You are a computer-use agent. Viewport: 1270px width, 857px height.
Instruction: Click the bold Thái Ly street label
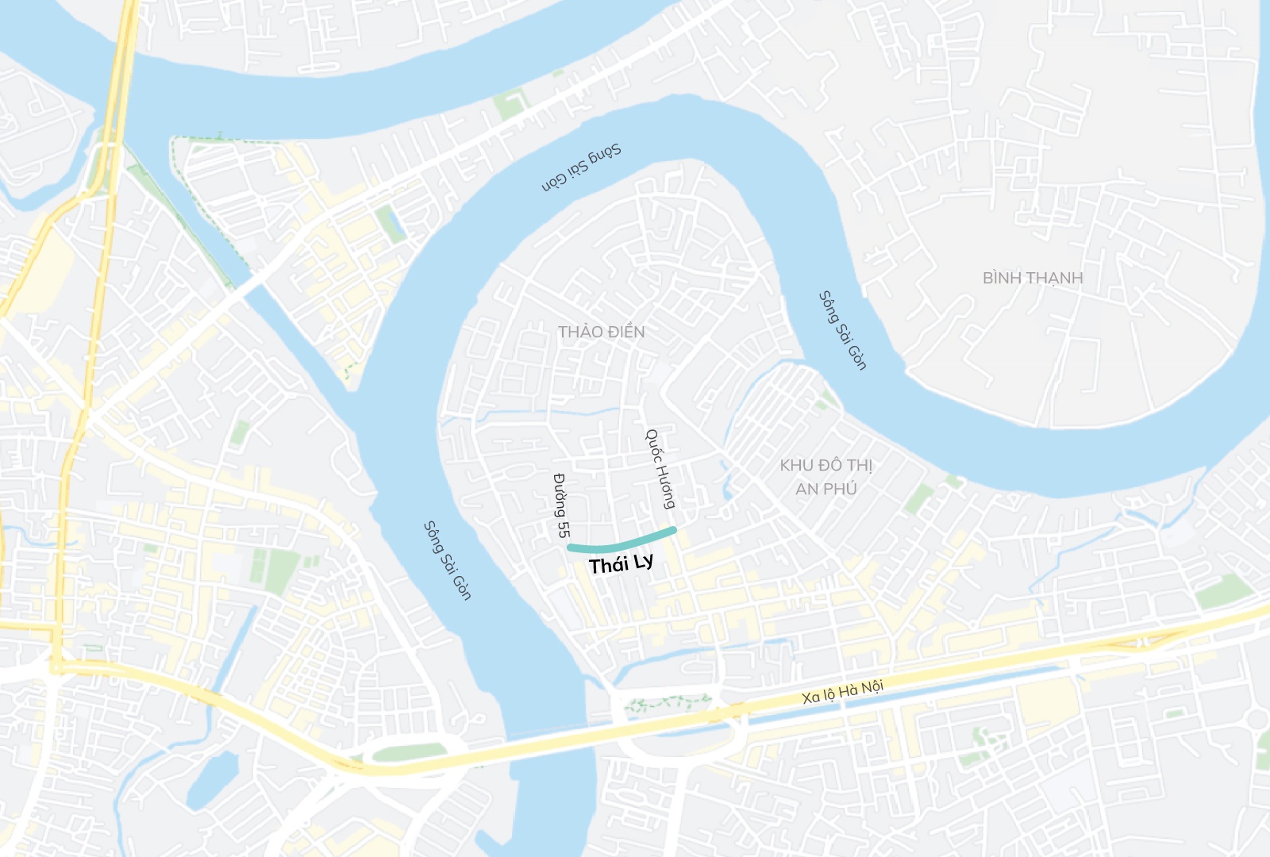tap(622, 564)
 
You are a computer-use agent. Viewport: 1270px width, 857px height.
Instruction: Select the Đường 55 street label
tap(561, 505)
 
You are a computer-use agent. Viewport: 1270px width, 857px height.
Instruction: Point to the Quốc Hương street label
tap(660, 469)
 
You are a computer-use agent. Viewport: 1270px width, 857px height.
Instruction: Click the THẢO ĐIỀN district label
tap(601, 332)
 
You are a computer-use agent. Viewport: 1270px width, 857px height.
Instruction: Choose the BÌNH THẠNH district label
tap(1033, 278)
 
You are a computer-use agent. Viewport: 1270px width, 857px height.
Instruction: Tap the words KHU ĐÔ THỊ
tap(825, 465)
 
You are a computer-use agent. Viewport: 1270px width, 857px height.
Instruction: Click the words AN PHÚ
tap(825, 489)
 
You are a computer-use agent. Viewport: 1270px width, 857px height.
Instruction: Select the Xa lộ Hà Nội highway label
tap(842, 692)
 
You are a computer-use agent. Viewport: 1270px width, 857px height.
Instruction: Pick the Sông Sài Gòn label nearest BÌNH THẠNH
tap(842, 330)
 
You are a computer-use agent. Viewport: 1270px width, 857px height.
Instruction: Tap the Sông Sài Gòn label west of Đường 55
tap(447, 560)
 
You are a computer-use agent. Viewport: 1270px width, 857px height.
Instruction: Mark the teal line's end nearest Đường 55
tap(571, 548)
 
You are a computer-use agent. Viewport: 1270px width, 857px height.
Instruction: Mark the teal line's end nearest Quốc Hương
tap(673, 529)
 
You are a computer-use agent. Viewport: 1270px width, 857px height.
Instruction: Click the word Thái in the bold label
tap(609, 566)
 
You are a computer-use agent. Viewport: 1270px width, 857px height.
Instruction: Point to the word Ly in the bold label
tap(644, 562)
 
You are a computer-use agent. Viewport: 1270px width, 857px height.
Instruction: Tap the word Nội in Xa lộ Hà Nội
tap(872, 686)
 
